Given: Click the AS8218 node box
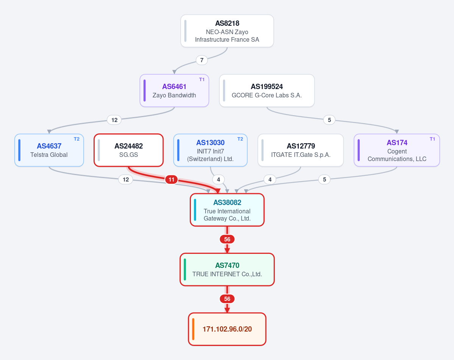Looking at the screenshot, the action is [x=227, y=31].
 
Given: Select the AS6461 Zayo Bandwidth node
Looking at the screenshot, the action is [x=174, y=91].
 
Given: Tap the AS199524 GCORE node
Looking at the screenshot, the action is [x=267, y=91].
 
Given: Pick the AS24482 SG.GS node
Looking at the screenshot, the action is [x=129, y=150].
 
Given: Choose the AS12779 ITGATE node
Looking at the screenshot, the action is [x=301, y=150].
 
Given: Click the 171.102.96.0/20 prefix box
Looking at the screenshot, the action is [x=227, y=329].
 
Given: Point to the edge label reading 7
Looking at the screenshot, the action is [x=202, y=60].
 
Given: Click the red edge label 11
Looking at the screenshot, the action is [x=172, y=180].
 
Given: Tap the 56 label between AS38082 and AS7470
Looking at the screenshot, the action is [x=227, y=239].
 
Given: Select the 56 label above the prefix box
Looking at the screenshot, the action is [x=227, y=299].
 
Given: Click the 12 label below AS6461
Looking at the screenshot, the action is [x=114, y=120].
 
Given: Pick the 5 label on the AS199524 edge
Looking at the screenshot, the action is [x=329, y=120].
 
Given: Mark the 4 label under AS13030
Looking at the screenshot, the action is [x=218, y=180].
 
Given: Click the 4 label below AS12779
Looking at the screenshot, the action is [x=270, y=180].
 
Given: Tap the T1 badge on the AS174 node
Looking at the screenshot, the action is [x=432, y=139].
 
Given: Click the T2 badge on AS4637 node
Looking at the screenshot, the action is [x=76, y=139].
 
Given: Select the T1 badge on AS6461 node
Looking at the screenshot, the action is [x=202, y=80].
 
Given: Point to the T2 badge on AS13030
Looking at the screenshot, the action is [x=240, y=139].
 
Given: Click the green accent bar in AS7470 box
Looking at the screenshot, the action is [x=185, y=269].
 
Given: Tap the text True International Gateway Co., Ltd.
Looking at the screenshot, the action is [x=227, y=215].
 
